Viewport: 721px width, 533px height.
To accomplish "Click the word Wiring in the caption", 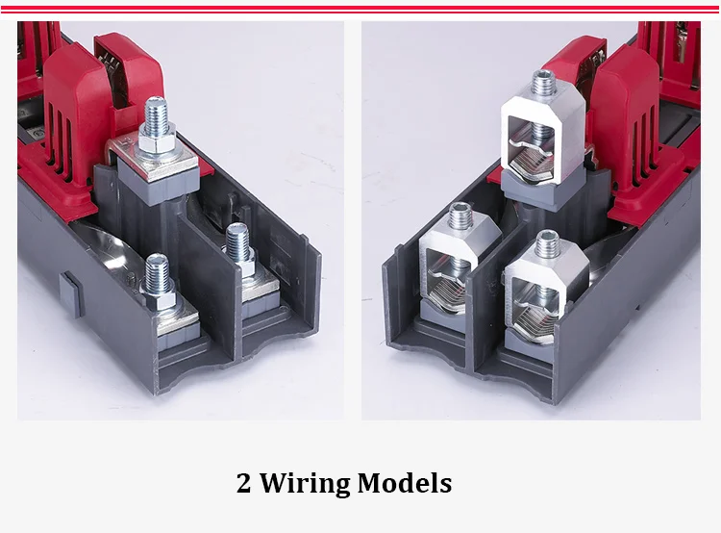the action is click(305, 484).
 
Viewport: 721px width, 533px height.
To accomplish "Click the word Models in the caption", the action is click(404, 483).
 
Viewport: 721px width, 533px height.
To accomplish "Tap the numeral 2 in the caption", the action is click(244, 483).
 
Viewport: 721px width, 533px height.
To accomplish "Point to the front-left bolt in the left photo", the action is click(158, 281).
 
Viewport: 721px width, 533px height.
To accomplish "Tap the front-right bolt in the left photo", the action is click(239, 251).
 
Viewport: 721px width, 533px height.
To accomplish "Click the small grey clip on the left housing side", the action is click(70, 293).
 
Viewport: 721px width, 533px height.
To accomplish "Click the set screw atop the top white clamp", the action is click(543, 84).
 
